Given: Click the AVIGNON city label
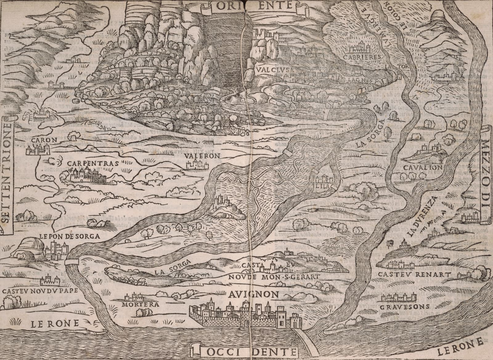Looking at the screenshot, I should [x=253, y=295].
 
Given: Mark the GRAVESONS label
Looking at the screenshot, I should [x=404, y=307].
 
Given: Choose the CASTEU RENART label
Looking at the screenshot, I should [x=412, y=274].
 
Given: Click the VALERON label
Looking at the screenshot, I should [x=203, y=156].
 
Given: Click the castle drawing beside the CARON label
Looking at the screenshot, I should [x=39, y=150].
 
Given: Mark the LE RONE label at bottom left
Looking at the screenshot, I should [x=55, y=323].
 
